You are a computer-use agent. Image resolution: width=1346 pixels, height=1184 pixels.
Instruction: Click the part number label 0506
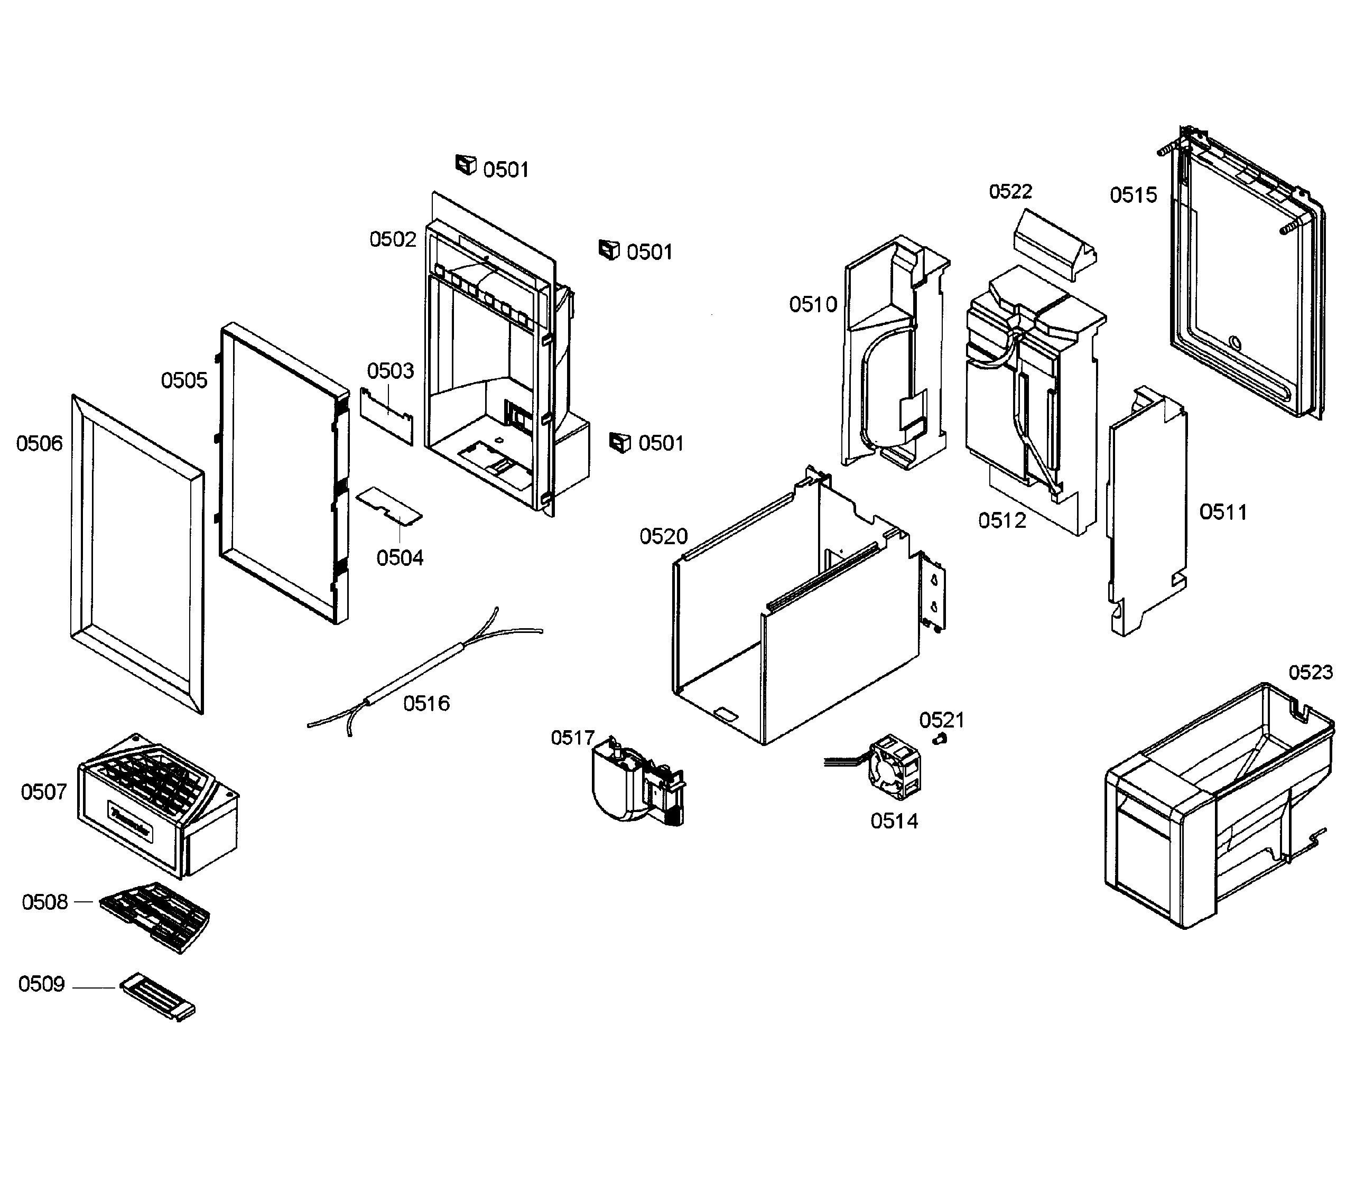(x=40, y=443)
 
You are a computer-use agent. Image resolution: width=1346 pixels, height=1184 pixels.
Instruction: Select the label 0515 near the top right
(x=1134, y=195)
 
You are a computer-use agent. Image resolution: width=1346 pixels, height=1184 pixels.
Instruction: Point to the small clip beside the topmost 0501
(x=466, y=165)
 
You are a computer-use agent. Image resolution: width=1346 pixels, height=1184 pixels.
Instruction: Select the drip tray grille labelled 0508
(x=155, y=915)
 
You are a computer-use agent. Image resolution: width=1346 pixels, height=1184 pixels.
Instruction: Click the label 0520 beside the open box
(x=663, y=537)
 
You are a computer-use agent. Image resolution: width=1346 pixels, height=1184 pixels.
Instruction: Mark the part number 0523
(x=1311, y=673)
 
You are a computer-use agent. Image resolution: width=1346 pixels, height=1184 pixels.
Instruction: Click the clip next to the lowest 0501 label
(x=619, y=443)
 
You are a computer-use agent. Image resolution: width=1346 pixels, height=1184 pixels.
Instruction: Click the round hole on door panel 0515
(x=1236, y=343)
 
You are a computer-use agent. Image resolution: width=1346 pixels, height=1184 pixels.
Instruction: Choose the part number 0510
(x=813, y=304)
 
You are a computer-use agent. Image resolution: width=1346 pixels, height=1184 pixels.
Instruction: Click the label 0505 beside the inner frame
(x=184, y=380)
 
